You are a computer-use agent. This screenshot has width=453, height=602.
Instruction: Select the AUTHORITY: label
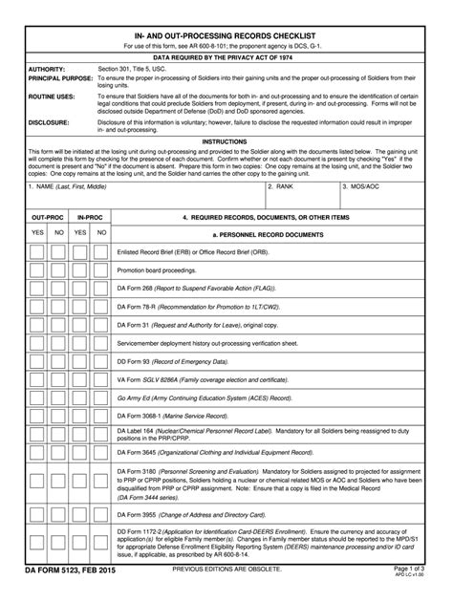tap(47, 70)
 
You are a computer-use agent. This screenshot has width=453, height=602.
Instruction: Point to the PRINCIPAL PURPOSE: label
tap(60, 78)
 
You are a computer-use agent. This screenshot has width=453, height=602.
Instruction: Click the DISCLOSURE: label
tap(49, 122)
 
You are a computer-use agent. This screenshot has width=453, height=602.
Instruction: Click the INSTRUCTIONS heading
tap(226, 140)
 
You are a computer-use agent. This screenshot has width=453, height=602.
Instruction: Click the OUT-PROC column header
tap(48, 218)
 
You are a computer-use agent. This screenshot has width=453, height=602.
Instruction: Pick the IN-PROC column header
tap(91, 218)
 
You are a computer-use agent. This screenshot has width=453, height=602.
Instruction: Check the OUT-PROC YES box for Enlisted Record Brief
tap(37, 251)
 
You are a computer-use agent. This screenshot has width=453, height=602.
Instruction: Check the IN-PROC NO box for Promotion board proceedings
tap(101, 270)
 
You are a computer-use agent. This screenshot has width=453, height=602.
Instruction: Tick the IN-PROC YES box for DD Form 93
tap(80, 362)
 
